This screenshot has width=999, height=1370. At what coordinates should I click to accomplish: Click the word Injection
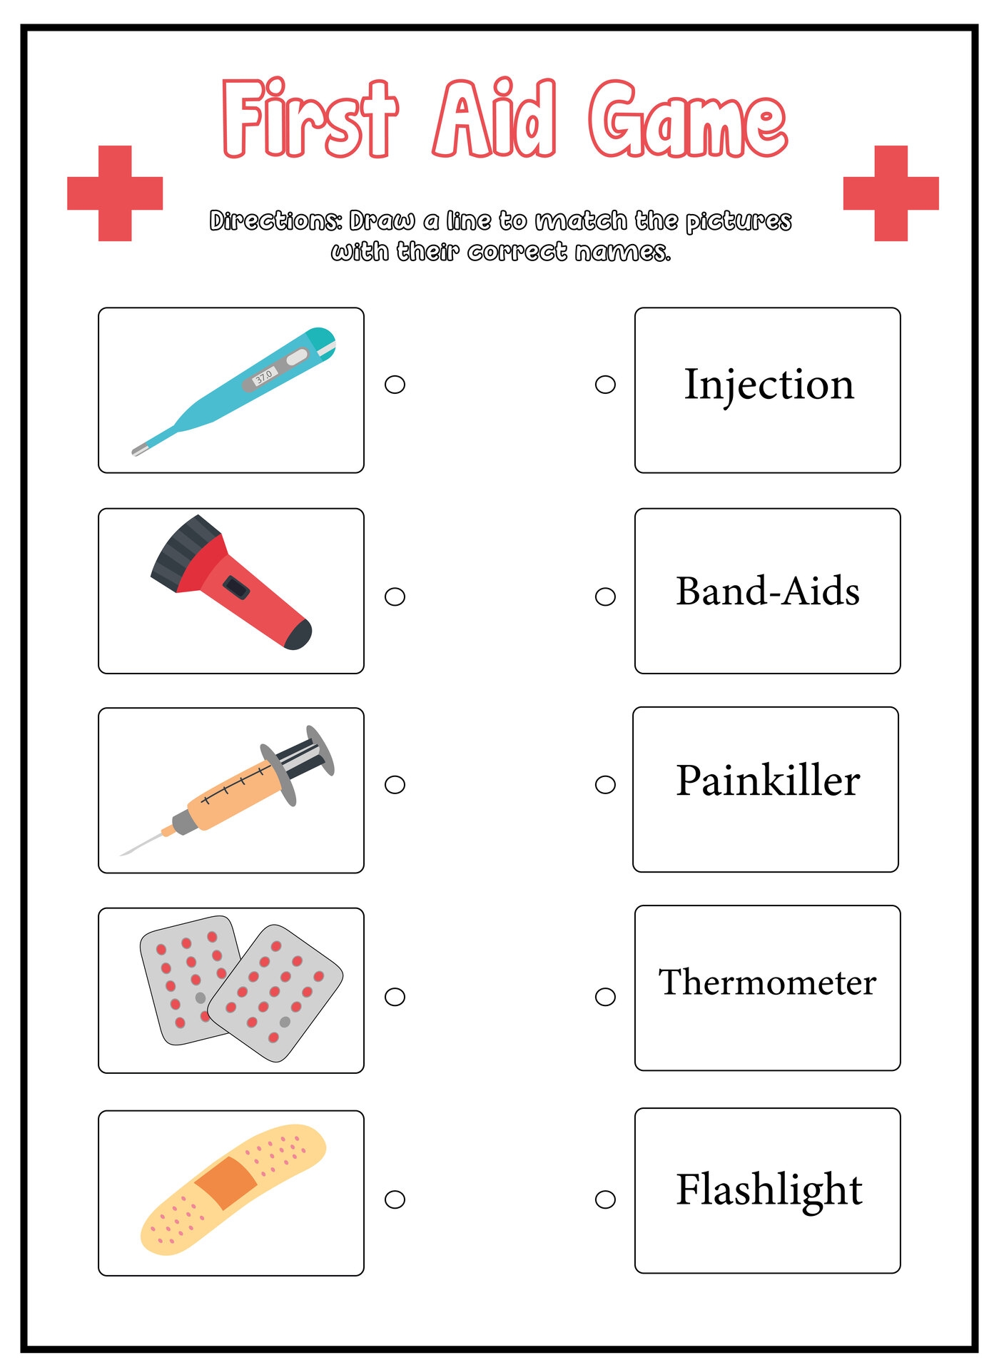(x=769, y=385)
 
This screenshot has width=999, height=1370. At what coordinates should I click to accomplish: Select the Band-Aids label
(x=768, y=592)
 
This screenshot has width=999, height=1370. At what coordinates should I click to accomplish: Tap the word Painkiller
(x=768, y=781)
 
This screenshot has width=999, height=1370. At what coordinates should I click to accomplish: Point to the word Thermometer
(x=767, y=983)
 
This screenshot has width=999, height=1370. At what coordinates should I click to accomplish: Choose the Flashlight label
(x=769, y=1189)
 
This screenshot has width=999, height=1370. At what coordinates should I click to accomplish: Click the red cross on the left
(x=115, y=193)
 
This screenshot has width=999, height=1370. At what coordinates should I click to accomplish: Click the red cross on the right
(x=891, y=193)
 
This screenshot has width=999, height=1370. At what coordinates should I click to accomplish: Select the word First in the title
(x=309, y=119)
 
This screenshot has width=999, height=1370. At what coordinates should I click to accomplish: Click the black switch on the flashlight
(x=236, y=589)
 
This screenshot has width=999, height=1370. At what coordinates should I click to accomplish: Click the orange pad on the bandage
(x=225, y=1182)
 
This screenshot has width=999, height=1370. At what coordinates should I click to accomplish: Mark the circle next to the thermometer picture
(x=395, y=385)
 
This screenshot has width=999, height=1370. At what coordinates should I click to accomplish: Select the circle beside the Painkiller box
(x=605, y=785)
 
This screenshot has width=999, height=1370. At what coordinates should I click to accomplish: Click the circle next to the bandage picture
(x=395, y=1199)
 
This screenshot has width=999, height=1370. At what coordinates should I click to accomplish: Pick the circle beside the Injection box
(x=605, y=385)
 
